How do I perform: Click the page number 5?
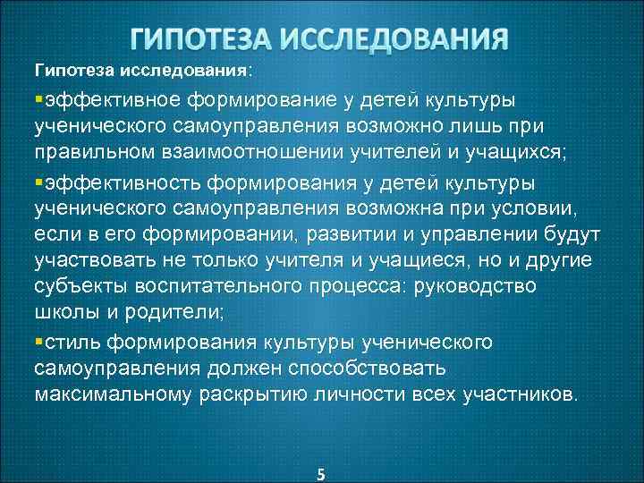[x=321, y=474]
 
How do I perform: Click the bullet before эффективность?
[x=39, y=183]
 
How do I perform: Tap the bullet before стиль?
[x=39, y=343]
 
